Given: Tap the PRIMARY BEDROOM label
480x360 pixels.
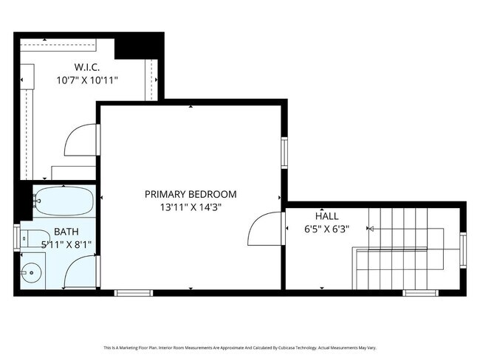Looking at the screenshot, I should [x=191, y=194].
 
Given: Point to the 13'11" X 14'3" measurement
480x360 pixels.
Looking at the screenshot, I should [x=191, y=207].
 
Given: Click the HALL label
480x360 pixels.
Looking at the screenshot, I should [x=326, y=216].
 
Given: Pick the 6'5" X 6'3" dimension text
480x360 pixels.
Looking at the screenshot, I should [x=326, y=229].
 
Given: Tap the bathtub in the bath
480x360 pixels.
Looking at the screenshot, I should [x=62, y=200].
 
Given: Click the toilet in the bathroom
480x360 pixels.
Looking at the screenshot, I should [x=30, y=238].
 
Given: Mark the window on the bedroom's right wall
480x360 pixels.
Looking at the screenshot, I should [x=284, y=153].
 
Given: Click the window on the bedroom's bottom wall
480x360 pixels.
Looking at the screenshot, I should [x=133, y=293].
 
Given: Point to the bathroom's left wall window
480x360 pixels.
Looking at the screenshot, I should [x=17, y=238].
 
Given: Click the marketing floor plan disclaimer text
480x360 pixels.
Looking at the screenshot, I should [x=240, y=347].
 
